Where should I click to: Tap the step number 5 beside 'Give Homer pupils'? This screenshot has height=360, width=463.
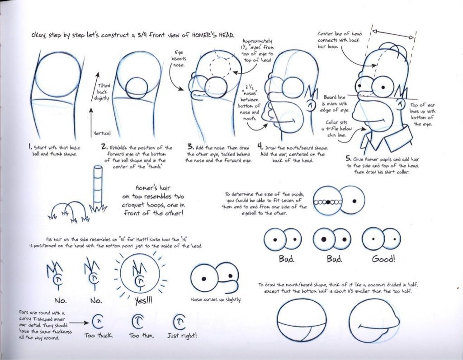(349, 159)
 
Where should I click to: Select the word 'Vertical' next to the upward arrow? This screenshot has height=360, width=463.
(102, 133)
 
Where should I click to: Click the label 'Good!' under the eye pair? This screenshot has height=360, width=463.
(383, 259)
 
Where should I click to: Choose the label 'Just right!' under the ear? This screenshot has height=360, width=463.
(181, 336)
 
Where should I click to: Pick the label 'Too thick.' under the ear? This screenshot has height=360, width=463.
(99, 336)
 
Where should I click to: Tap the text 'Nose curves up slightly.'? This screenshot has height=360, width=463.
(216, 299)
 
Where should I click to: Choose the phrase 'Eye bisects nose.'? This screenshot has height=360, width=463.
(178, 59)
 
